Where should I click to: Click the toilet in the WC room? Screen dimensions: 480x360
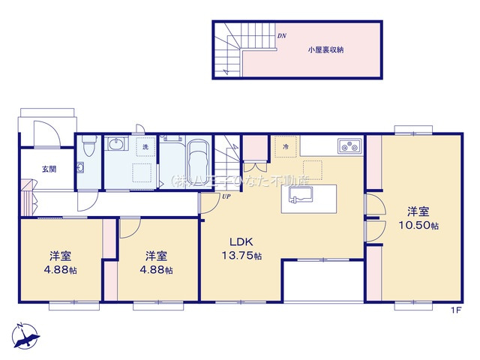click(x=89, y=145)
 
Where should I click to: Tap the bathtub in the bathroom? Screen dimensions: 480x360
click(x=198, y=163)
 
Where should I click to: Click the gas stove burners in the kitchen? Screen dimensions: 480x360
click(x=349, y=145)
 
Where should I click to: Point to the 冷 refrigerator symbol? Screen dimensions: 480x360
click(x=285, y=147)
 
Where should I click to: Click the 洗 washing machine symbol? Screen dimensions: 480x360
click(x=145, y=147)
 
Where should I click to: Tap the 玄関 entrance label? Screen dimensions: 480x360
click(x=49, y=169)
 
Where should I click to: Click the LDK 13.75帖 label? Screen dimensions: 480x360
click(x=241, y=248)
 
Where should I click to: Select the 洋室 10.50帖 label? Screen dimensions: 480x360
click(x=418, y=218)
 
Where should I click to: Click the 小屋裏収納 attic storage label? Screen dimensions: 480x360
click(x=325, y=50)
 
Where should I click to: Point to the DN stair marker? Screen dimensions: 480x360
click(x=282, y=36)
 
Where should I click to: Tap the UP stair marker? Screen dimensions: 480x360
click(x=226, y=196)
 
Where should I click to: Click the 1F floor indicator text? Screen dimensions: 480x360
click(x=455, y=310)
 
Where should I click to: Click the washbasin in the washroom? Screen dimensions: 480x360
click(x=115, y=144)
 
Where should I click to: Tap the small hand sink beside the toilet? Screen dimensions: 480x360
click(x=80, y=168)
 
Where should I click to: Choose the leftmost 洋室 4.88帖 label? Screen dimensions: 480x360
click(x=61, y=263)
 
